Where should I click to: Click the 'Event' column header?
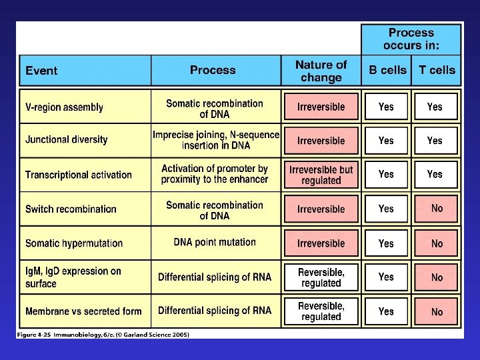tap(41, 71)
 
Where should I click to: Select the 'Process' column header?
tap(213, 70)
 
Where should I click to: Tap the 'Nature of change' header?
tap(321, 71)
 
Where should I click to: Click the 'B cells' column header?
tap(387, 70)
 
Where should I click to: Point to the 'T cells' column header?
tap(437, 70)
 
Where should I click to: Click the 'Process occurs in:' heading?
tap(411, 39)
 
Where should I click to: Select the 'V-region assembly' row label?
tap(64, 107)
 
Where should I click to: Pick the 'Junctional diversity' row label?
tap(66, 140)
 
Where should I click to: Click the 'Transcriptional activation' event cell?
tap(79, 175)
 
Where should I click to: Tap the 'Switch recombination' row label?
tap(71, 209)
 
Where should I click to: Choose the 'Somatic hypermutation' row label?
tap(74, 243)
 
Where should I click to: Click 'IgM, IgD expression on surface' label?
tap(73, 277)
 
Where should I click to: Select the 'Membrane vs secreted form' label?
tap(83, 311)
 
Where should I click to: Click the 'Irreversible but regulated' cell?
tap(321, 175)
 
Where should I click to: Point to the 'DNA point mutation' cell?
tap(215, 243)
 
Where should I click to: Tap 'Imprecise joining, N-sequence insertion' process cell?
tap(215, 140)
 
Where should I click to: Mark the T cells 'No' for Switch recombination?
tap(437, 209)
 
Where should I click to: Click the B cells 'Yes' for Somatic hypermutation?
tap(386, 243)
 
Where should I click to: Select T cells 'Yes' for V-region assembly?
tap(435, 107)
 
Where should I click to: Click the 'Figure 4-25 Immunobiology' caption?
tap(104, 335)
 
